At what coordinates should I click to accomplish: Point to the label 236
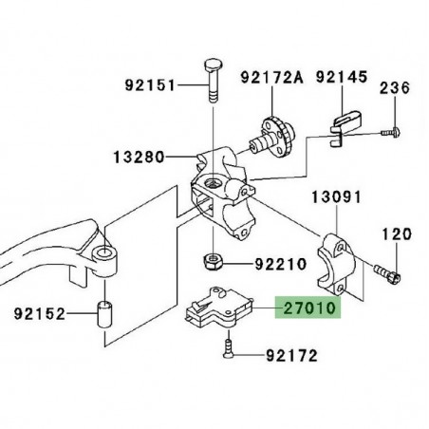pos(395,89)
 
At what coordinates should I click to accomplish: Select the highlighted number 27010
pos(308,308)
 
